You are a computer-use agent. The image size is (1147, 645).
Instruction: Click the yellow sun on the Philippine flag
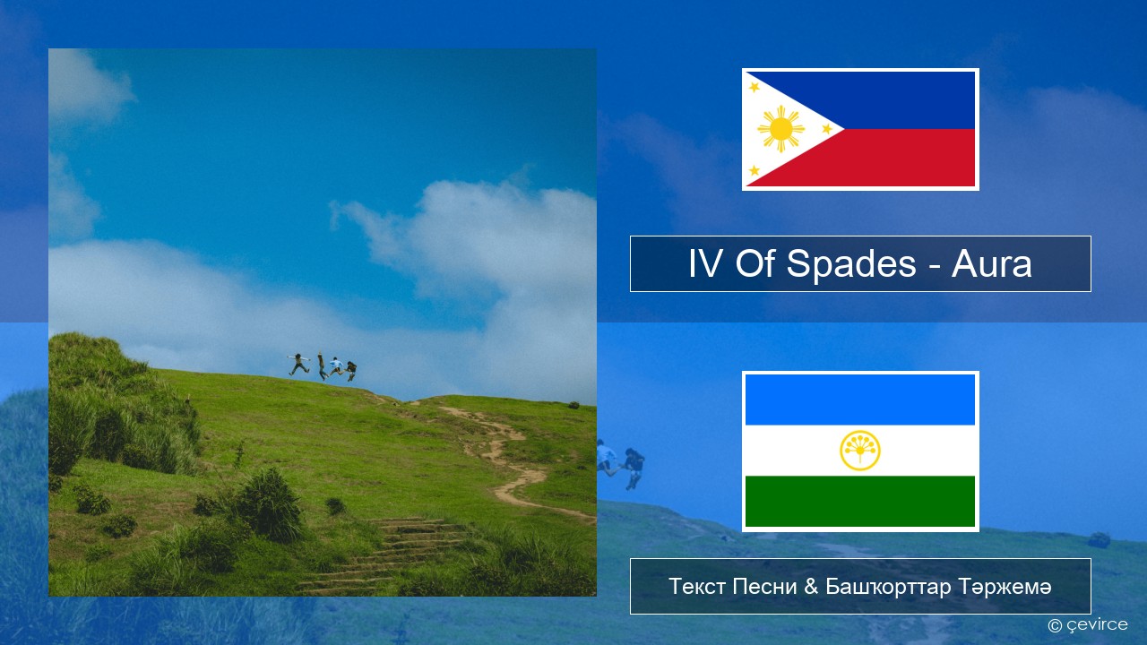click(780, 129)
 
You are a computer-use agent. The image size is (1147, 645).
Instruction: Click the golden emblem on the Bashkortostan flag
click(860, 451)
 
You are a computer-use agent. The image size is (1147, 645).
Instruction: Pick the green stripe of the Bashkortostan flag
click(860, 501)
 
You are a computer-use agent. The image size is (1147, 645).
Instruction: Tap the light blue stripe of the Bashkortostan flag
click(860, 400)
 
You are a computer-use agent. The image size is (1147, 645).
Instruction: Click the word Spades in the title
click(851, 264)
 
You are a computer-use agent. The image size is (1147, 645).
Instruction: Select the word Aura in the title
click(991, 264)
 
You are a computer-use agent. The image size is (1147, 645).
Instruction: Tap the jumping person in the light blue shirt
click(336, 366)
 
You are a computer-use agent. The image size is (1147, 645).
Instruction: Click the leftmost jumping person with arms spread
click(298, 364)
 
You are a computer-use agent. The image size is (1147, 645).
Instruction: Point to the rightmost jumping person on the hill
click(350, 371)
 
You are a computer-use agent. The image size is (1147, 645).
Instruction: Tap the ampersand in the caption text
click(811, 587)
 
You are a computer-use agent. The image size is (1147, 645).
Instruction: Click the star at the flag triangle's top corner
click(755, 87)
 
